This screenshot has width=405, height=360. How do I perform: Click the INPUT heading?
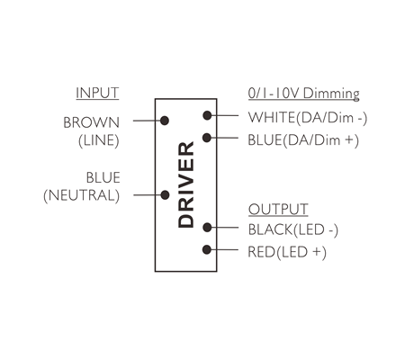[97, 93]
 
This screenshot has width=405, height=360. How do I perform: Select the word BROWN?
[92, 122]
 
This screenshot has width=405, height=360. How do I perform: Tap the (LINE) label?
[99, 140]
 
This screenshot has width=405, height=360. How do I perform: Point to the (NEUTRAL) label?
[82, 195]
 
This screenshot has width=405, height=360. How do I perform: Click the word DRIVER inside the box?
[186, 184]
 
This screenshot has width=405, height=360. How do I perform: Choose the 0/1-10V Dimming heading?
[304, 94]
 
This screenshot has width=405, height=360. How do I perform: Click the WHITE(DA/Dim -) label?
[308, 117]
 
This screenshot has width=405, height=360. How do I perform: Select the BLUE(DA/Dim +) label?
[303, 140]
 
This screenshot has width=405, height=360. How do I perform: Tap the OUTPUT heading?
[278, 209]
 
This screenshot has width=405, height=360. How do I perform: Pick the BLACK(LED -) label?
[293, 229]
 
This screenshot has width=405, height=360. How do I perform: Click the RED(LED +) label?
[287, 252]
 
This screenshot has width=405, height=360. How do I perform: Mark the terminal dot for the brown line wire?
[165, 121]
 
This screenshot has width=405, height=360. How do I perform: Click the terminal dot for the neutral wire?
[165, 195]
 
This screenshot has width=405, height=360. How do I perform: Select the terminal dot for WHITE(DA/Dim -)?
[207, 115]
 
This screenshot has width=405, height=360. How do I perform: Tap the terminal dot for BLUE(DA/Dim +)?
[207, 138]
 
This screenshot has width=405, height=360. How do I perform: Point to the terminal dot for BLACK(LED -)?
[207, 228]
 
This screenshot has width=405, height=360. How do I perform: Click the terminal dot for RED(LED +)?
[207, 249]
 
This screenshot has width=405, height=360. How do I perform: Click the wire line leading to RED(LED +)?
[223, 249]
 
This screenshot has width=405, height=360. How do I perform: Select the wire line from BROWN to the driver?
[148, 121]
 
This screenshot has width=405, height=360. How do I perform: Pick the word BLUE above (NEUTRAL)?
[103, 177]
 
